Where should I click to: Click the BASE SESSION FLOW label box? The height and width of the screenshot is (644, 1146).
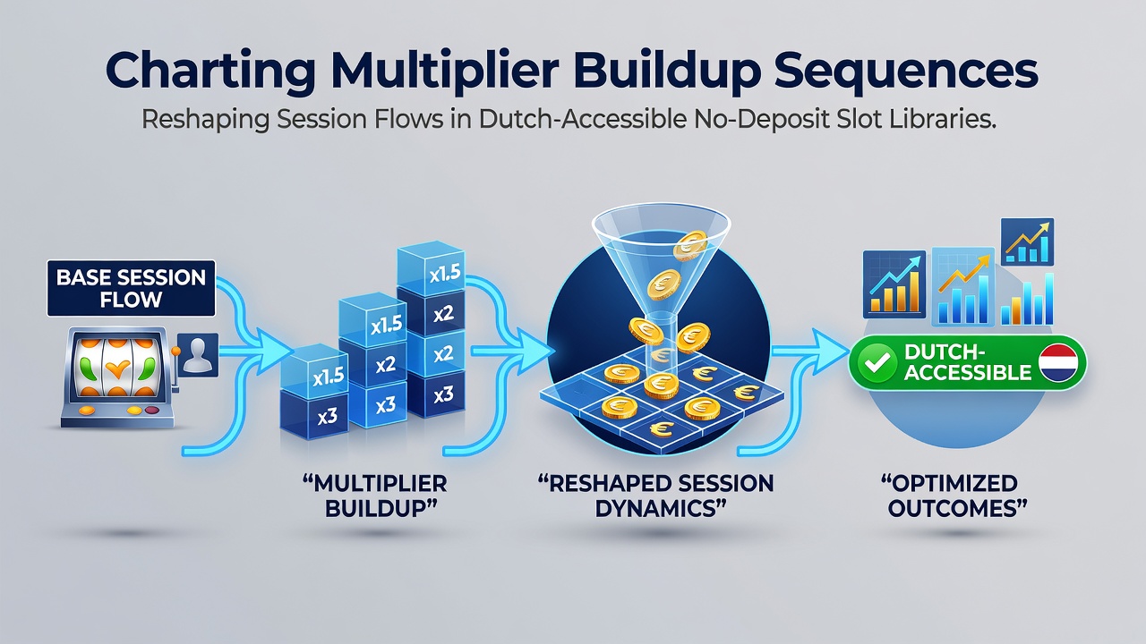(131, 288)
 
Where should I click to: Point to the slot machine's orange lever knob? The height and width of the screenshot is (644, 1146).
(175, 352)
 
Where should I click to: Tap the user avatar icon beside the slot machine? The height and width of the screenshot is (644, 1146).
(198, 355)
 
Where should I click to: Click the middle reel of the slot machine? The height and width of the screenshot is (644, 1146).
(116, 367)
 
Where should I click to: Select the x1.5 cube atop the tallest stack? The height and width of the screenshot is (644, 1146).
(432, 269)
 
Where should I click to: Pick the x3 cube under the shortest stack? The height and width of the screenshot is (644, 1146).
(314, 414)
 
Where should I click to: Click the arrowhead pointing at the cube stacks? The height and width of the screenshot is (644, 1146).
(274, 352)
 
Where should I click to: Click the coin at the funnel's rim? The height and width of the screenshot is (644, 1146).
(690, 245)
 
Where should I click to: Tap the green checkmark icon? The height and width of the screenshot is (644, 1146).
(877, 363)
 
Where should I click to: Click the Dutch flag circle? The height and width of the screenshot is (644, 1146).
(1058, 363)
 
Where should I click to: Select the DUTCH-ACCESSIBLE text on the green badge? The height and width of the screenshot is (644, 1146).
(968, 362)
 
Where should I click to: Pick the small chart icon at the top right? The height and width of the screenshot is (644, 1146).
(1027, 241)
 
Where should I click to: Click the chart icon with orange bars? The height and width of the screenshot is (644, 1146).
(894, 284)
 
